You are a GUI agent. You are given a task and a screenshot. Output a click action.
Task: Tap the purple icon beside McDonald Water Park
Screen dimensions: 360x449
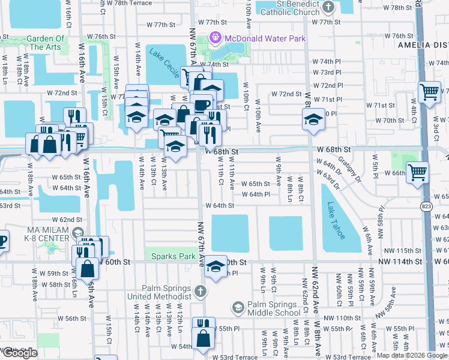tap(215, 38)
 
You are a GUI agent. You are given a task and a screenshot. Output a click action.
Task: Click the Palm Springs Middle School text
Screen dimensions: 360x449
tap(274, 308)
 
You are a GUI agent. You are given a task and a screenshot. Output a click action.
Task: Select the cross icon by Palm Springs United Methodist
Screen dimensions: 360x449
tap(200, 292)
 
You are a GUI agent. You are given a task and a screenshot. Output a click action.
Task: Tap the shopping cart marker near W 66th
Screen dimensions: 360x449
tap(417, 172)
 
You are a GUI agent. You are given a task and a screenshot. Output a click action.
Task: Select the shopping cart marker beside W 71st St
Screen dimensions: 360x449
tap(429, 92)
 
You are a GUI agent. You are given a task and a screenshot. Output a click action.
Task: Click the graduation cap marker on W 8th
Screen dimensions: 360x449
tap(313, 118)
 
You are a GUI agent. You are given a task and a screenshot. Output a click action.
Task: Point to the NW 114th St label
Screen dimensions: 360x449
tap(400, 262)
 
